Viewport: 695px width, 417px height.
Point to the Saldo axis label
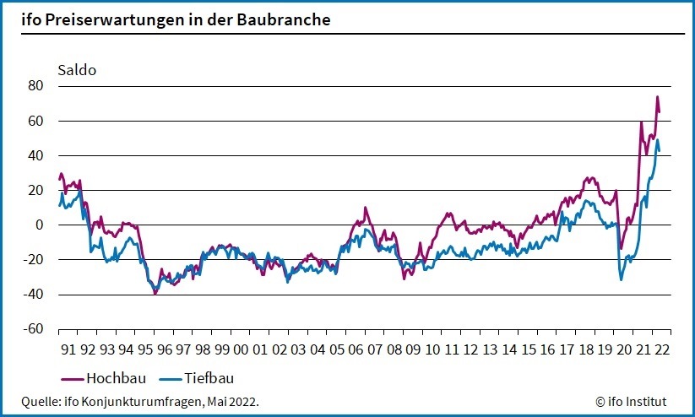[77, 69]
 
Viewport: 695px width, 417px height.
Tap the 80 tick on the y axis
[35, 86]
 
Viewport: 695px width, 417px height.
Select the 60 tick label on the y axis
[35, 121]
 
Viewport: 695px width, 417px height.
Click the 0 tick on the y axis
[39, 225]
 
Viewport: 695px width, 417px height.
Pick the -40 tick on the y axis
[33, 295]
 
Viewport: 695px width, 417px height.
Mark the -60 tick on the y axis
[33, 329]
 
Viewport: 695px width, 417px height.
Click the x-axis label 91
[68, 349]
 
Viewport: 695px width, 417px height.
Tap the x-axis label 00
[240, 349]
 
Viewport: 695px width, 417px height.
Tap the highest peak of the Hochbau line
[657, 97]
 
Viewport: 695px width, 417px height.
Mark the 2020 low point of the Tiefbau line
[622, 279]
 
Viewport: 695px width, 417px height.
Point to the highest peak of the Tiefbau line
[658, 140]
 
